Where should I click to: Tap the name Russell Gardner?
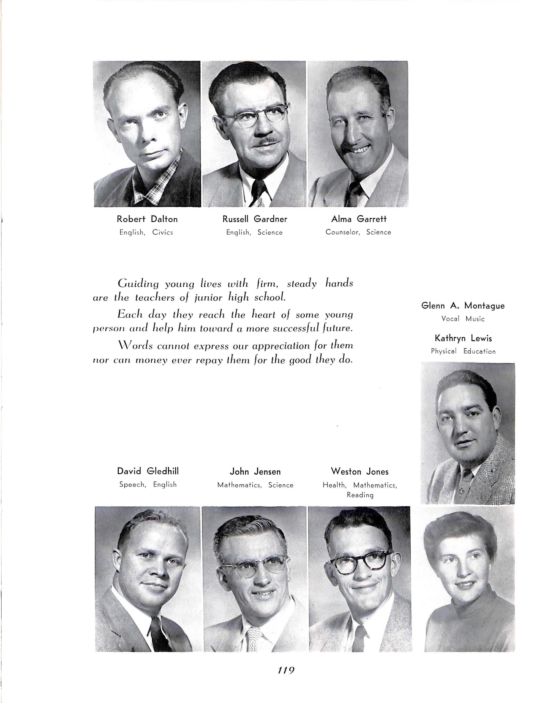pos(255,219)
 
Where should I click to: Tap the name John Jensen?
pos(255,472)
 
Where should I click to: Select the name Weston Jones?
pos(360,472)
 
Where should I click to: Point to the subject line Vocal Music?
pos(463,319)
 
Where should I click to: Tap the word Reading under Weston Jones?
pos(360,495)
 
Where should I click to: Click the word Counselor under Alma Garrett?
pos(342,232)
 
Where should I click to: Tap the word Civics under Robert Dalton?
pos(163,232)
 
